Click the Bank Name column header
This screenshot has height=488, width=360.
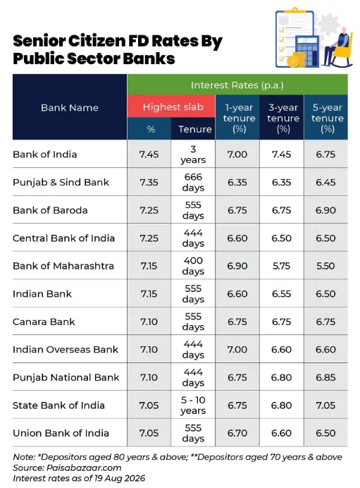[70, 108]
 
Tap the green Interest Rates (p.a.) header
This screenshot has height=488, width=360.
[237, 85]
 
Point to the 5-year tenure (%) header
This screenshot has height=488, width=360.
[328, 118]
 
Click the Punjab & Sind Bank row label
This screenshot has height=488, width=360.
[61, 182]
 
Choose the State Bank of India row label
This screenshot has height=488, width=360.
[58, 405]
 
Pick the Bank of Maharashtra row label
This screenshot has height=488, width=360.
[63, 266]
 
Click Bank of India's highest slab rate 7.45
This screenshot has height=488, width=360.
[149, 154]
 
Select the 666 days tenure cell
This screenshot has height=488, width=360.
[193, 182]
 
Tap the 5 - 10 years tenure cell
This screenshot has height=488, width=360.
[193, 405]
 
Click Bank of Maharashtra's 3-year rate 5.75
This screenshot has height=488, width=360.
[281, 266]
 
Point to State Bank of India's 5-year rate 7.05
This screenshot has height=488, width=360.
[325, 405]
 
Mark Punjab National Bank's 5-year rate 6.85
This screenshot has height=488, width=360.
[325, 377]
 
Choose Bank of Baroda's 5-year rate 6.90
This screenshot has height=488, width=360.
[325, 210]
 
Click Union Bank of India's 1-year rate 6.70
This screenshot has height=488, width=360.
[237, 433]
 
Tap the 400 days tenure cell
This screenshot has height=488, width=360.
[193, 266]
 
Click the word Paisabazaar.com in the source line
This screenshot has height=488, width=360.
[84, 468]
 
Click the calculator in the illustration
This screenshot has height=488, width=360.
[307, 51]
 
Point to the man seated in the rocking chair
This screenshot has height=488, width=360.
[336, 47]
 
